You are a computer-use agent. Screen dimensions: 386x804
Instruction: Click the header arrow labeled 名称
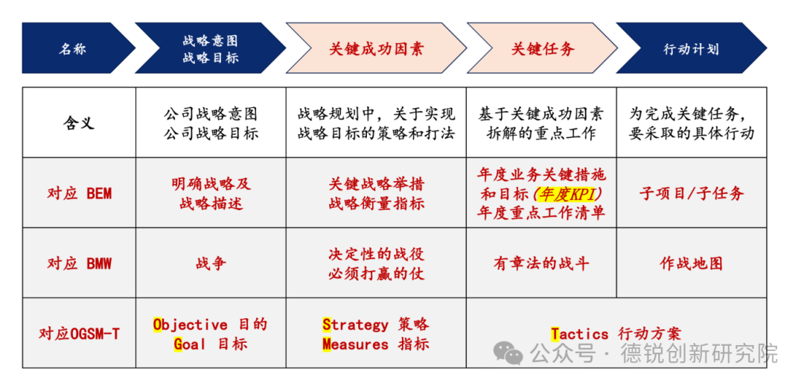72,49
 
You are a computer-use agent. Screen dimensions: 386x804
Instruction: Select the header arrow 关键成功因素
376,49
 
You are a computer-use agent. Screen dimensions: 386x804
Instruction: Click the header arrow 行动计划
691,49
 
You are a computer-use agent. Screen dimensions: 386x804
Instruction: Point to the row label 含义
79,123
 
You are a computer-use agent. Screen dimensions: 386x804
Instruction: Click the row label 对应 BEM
79,194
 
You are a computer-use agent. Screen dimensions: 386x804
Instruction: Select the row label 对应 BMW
79,263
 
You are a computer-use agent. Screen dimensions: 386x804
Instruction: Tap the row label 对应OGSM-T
79,334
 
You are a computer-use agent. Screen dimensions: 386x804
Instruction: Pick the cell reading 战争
211,263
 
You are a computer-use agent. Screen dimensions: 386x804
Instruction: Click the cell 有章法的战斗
541,263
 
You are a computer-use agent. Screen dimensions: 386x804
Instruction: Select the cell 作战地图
691,263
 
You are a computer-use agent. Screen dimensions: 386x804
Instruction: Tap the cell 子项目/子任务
691,194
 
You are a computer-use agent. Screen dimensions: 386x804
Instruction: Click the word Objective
190,325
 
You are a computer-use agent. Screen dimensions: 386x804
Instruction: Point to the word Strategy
355,325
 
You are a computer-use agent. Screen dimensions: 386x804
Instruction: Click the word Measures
355,344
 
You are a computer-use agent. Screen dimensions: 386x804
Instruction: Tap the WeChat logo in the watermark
510,352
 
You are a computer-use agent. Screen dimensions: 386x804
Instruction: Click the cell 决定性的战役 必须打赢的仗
376,263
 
